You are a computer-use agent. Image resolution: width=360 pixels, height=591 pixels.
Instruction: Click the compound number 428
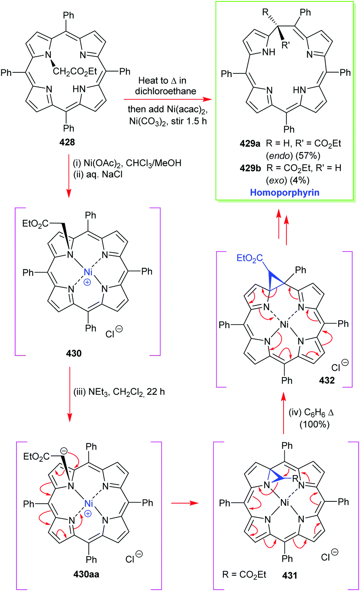[67, 142]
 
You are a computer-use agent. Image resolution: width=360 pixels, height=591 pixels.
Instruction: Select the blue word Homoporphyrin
[285, 192]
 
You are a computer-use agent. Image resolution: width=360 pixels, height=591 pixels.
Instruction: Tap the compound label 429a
[250, 144]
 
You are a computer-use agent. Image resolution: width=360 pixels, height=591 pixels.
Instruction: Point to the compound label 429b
[250, 168]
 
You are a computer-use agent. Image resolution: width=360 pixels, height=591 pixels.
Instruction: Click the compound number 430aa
[86, 574]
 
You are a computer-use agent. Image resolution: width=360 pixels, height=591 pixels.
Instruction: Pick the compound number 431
[289, 575]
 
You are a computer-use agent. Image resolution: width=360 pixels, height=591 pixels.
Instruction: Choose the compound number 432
[327, 380]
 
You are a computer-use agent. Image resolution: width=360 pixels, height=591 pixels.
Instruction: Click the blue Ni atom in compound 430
[88, 272]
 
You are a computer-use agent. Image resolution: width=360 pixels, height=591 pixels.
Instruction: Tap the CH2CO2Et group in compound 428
[75, 71]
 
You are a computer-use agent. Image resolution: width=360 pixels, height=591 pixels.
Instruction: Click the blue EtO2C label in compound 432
[249, 258]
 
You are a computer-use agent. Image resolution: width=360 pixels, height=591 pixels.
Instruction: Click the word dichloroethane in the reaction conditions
[166, 91]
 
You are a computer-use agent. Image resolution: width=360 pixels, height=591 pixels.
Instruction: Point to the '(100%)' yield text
[314, 424]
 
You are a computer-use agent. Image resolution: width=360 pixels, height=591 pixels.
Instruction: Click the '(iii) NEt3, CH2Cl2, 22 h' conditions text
[119, 392]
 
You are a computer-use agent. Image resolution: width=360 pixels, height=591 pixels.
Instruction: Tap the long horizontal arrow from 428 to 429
[168, 99]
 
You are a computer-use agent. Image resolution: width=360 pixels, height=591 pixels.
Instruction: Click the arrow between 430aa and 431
[185, 503]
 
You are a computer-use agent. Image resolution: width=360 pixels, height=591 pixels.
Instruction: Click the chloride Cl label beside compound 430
[110, 334]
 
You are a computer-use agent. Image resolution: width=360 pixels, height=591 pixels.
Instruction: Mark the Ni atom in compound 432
[284, 324]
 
